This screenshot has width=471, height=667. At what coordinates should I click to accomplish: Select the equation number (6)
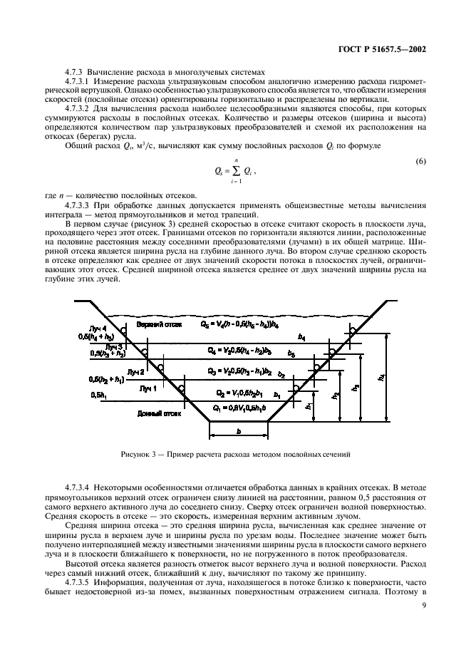tap(421, 162)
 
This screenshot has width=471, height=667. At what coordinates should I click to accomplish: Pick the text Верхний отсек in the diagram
tap(162, 324)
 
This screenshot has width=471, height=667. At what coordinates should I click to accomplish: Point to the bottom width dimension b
tap(238, 431)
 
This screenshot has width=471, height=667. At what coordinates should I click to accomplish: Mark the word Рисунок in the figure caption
tap(139, 454)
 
